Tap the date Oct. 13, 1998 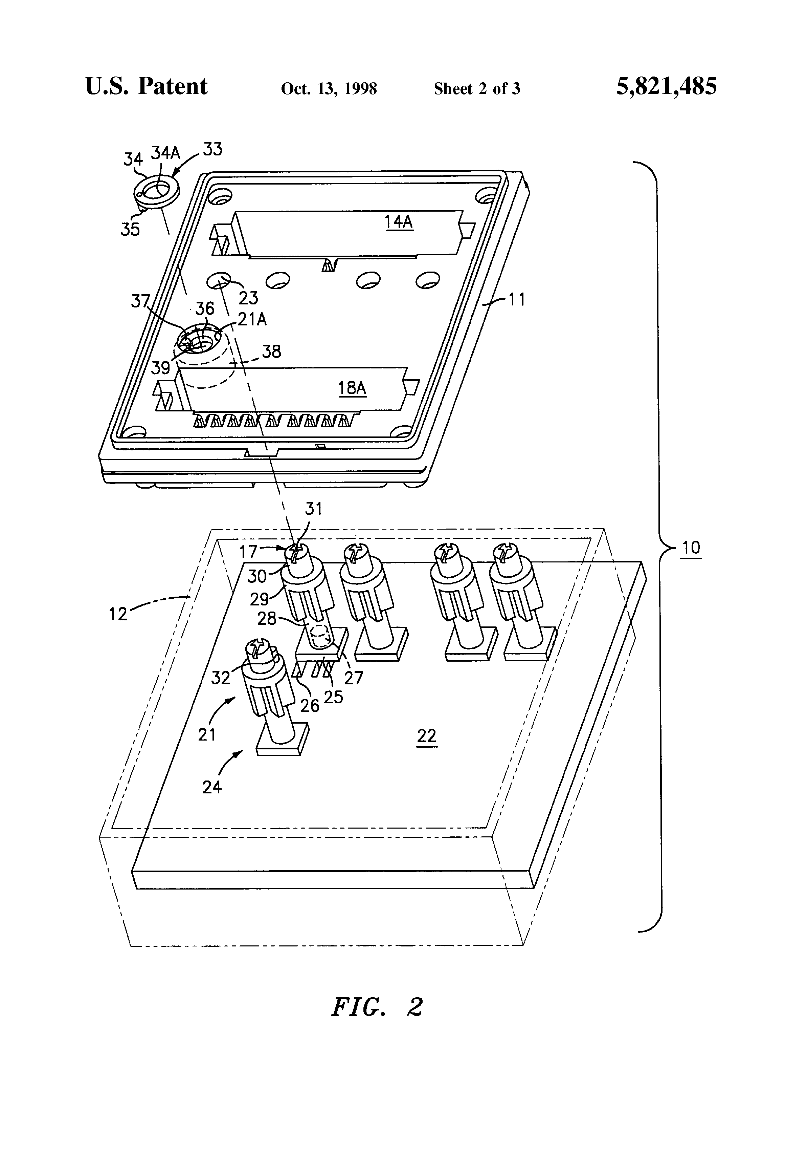329,89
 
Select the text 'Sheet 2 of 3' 477,89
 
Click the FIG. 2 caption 377,1007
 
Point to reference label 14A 399,221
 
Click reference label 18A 352,387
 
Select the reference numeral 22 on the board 426,735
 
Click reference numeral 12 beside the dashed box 118,614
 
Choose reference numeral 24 212,787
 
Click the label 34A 165,153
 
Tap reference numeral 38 271,351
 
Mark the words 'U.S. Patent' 147,86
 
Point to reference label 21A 252,319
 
